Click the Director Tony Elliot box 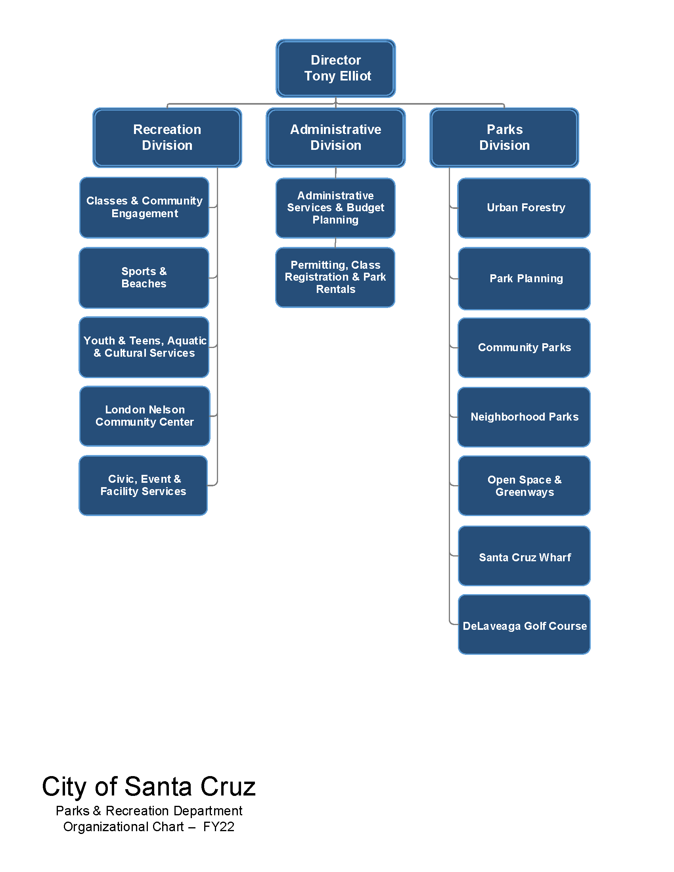coord(335,68)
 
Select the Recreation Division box coord(167,138)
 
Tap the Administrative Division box coord(335,138)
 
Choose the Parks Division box coord(504,138)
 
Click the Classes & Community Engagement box coord(144,207)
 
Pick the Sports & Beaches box coord(144,277)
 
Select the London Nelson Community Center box coord(145,416)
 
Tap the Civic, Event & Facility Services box coord(143,485)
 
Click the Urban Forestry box coord(523,208)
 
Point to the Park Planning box coord(524,278)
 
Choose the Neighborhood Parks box coord(523,417)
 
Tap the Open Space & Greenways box coord(524,486)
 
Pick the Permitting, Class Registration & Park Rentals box coord(335,277)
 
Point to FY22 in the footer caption coord(218,826)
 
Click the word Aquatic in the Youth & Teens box coord(187,340)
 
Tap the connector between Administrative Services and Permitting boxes coord(335,243)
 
